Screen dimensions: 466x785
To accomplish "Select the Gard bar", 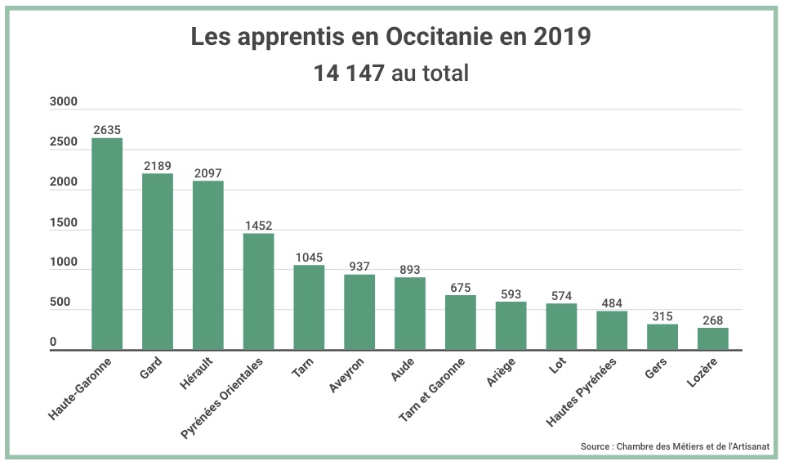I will point(158,262).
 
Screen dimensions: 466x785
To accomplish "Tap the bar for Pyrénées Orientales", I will point(258,291).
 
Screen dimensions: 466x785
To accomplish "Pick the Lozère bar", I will point(712,338).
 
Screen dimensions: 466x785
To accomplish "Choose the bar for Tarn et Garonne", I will point(460,322).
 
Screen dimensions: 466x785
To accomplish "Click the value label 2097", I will point(207,173).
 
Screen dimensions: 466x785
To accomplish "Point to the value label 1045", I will point(309,258).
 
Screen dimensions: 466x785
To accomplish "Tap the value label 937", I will point(359,267).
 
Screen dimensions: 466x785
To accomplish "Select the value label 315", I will point(662,316).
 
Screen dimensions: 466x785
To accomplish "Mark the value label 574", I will point(561,296).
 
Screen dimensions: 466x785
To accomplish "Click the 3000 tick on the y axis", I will point(63,102).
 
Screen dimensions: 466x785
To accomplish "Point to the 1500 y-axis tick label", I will point(63,223).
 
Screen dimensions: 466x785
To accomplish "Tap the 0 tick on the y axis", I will point(53,342).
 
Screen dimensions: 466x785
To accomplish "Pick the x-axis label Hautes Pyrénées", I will point(582,392).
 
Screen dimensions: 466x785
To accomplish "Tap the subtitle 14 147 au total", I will point(391,74).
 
